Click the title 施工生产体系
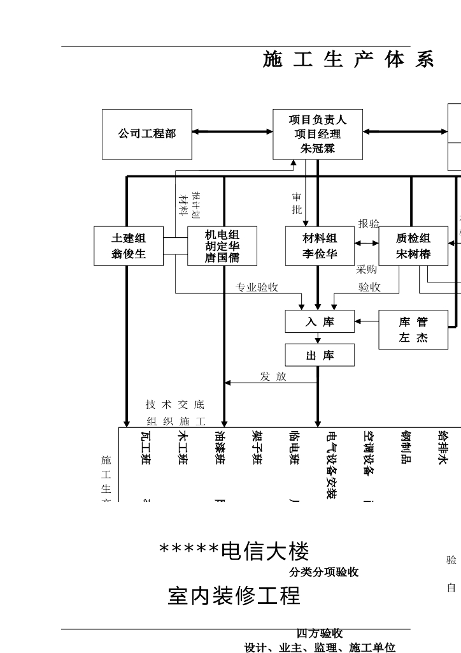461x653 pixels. point(348,60)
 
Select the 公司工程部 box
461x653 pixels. point(146,134)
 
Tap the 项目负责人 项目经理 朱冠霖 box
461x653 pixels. point(318,134)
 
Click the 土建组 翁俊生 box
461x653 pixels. point(129,246)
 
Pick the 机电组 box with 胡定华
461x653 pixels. point(222,246)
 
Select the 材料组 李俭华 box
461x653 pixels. point(320,246)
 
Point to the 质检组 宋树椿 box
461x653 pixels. point(413,246)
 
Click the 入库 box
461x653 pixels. point(320,322)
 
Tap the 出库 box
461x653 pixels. point(320,355)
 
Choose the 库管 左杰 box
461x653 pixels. point(413,330)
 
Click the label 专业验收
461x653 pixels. point(257,288)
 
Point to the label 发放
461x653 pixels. point(273,377)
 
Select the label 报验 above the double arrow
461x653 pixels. point(369,224)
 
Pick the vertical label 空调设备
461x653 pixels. point(368,454)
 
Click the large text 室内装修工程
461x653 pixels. point(234,596)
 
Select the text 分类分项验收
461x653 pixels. point(324,573)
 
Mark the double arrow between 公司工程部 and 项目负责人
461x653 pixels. point(232,132)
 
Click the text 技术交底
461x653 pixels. point(175,404)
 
